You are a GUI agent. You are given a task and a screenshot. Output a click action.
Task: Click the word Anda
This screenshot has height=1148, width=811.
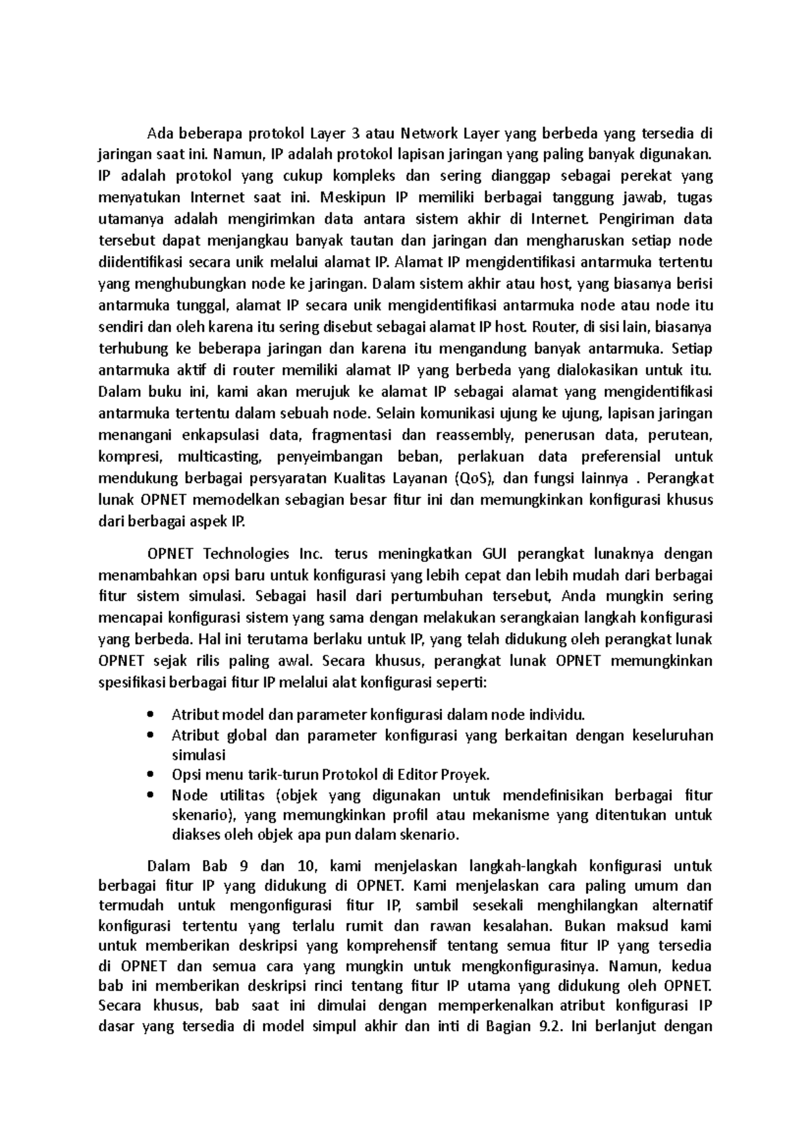pyautogui.click(x=576, y=596)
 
